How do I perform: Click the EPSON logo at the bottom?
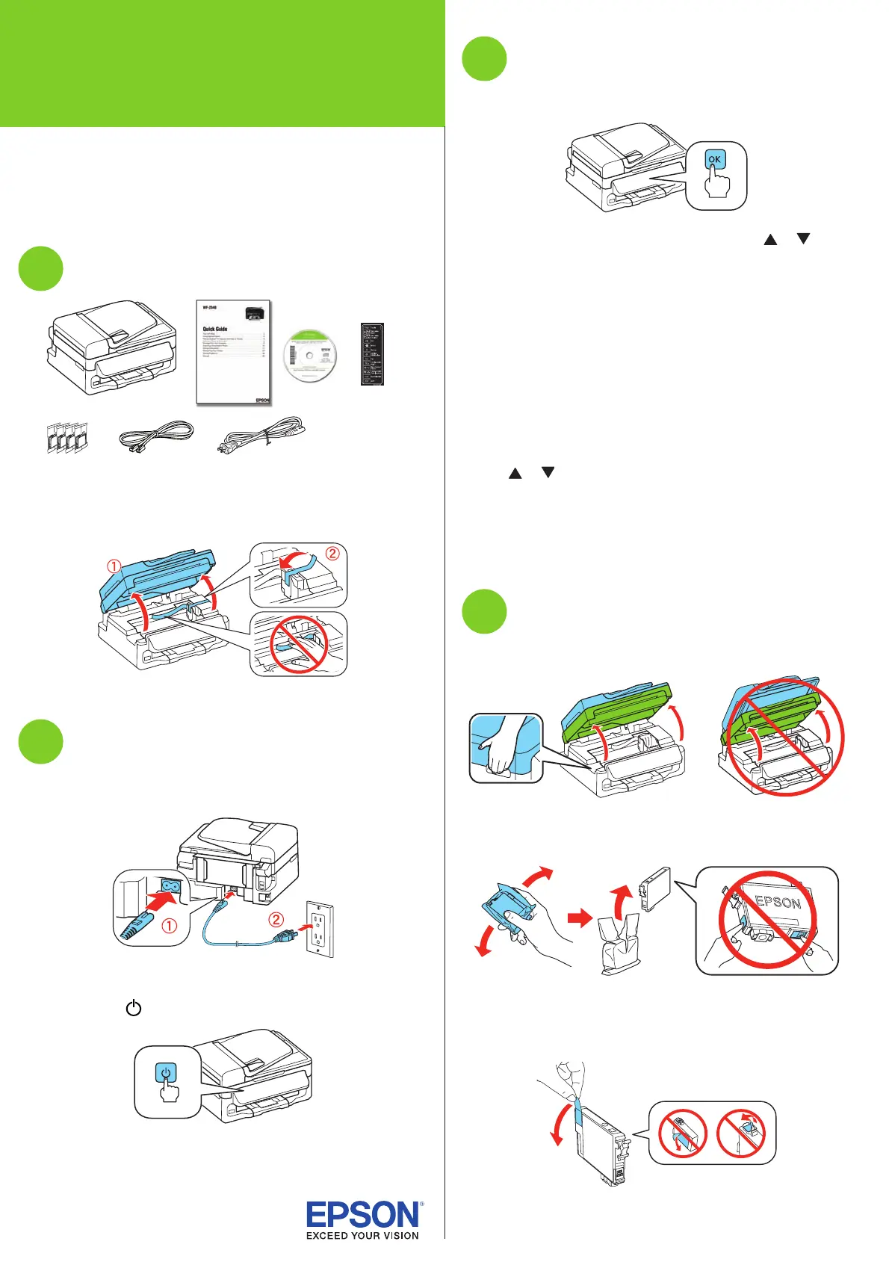[x=363, y=1214]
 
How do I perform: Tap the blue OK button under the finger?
[x=715, y=159]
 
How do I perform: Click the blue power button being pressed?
[x=166, y=1073]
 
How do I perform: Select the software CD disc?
[x=310, y=355]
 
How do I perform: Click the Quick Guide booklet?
[x=233, y=353]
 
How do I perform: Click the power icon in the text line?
[x=134, y=1008]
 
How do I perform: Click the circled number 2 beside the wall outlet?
[x=276, y=920]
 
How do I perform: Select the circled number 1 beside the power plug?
[x=170, y=926]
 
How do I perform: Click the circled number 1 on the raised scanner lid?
[x=114, y=567]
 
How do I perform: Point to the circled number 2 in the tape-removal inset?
[x=332, y=554]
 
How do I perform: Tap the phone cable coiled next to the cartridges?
[x=157, y=436]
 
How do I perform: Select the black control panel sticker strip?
[x=372, y=354]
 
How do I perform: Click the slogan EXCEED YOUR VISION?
[x=362, y=1236]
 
